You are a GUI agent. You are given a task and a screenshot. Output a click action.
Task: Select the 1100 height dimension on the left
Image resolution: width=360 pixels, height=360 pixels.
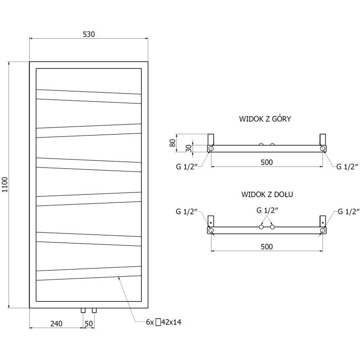coord(5,185)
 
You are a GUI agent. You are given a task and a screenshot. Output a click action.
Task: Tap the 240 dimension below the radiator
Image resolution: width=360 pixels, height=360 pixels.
coord(56,324)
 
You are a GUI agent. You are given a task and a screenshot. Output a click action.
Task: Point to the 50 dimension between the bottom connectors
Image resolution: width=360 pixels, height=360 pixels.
coord(89,324)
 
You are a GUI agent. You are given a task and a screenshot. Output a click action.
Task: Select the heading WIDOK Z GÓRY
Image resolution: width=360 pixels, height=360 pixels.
coord(265,119)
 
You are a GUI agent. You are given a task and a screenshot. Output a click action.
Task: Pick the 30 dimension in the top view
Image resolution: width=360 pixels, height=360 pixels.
coord(188,148)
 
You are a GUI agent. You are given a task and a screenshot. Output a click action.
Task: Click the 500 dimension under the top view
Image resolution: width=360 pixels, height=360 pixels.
coord(266,162)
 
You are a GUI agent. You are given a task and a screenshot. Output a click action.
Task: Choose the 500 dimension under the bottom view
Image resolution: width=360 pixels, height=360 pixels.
coord(266,246)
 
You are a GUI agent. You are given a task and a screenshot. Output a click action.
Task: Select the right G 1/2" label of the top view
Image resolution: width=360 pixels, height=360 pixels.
coord(347,166)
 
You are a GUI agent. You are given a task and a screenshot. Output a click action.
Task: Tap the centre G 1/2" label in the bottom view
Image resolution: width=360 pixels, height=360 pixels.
coord(267,210)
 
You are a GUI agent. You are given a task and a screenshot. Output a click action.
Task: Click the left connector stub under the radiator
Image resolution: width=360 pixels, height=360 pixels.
coord(83,310)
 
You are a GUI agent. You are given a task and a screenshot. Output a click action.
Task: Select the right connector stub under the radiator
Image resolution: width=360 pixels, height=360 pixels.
coord(94,310)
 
